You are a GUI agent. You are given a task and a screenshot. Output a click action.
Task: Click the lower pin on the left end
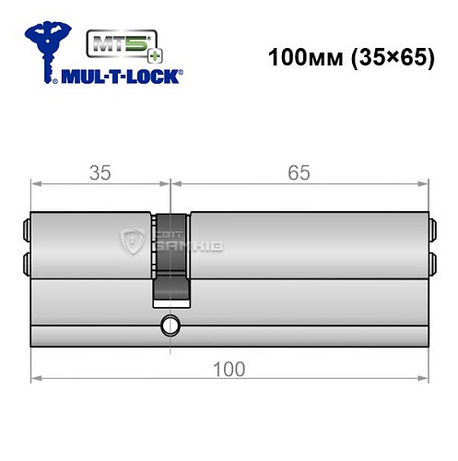tap(24, 260)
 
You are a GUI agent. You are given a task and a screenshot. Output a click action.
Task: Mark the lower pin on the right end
tap(430, 260)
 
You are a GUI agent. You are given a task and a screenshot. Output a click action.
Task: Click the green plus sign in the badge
tap(128, 54)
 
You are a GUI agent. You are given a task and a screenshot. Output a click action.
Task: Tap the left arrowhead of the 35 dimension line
tap(35, 183)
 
